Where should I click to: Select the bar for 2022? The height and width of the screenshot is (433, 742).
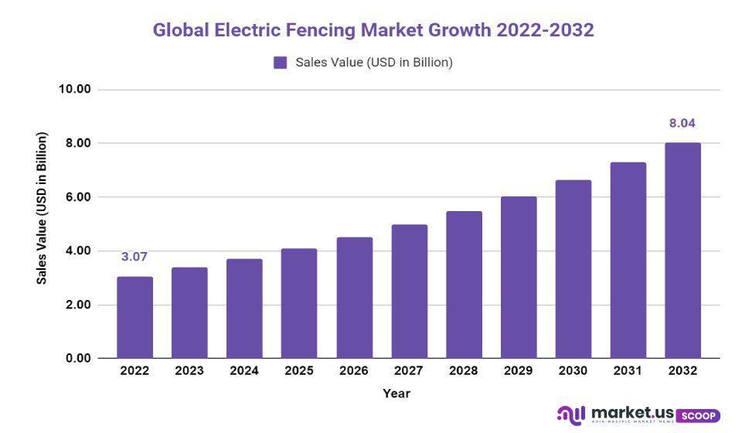[134, 317]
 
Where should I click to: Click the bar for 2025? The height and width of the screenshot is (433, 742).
[299, 303]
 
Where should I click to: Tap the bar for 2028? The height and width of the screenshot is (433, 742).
[464, 285]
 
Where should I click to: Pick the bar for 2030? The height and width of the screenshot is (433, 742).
[573, 269]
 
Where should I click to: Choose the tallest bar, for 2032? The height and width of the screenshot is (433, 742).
[682, 251]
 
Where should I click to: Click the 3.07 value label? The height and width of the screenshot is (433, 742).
[134, 257]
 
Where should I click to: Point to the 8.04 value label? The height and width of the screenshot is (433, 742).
[682, 123]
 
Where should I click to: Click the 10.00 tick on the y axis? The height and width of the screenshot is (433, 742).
[75, 89]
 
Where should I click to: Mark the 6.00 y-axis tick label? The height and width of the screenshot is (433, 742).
[75, 197]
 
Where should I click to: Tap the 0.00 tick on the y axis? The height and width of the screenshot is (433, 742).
[75, 359]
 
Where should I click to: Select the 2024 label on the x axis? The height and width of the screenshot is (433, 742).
[244, 371]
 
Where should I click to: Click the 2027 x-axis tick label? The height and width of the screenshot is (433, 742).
[409, 371]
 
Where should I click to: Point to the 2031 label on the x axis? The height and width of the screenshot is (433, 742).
[628, 371]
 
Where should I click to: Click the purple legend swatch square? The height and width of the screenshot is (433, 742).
[281, 63]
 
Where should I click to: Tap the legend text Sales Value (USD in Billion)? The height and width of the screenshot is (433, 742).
[374, 63]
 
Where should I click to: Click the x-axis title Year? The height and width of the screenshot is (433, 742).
[397, 394]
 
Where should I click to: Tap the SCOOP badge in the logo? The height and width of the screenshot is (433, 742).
[698, 416]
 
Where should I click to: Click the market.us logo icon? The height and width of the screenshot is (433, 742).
[571, 415]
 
